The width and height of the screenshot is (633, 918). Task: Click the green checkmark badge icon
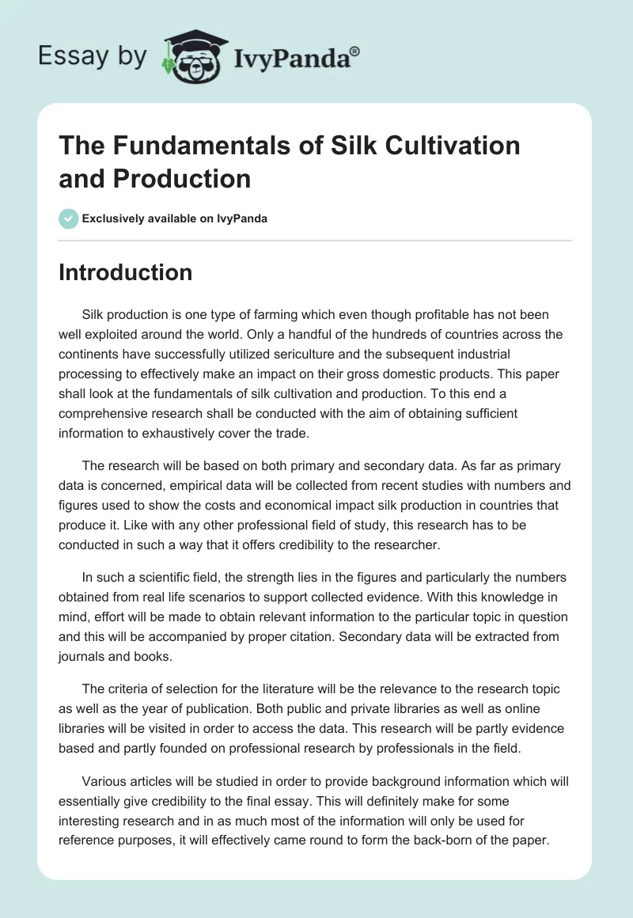coord(69,218)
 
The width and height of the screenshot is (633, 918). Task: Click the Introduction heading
coord(126,272)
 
